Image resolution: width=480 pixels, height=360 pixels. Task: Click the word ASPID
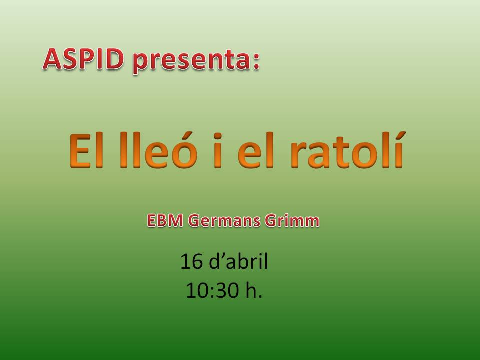coord(83,59)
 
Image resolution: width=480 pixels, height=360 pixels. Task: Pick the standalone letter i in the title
coord(217,150)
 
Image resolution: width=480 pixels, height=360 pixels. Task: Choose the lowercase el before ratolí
coord(255,150)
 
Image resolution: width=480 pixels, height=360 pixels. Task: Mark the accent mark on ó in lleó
coord(184,135)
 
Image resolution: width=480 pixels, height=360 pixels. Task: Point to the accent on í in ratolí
coord(400,135)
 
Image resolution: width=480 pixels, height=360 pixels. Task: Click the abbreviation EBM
coord(165,220)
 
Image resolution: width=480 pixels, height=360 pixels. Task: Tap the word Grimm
coord(292,220)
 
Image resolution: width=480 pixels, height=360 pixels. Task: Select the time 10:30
coord(212,290)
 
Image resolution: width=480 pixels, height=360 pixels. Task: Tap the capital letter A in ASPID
coord(52,59)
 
